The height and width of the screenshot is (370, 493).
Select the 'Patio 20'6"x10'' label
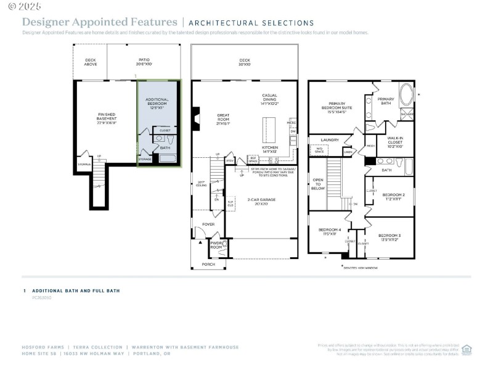tap(144, 62)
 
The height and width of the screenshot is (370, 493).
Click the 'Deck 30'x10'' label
tap(245, 62)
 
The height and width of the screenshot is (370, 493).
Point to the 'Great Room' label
tap(223, 118)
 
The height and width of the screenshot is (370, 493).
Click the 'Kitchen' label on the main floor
tap(270, 150)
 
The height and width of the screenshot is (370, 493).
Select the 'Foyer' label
tap(209, 224)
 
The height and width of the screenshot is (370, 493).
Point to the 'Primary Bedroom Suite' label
tap(336, 108)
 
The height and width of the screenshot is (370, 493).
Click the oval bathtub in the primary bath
tap(407, 96)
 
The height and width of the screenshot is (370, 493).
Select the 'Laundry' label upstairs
tap(330, 140)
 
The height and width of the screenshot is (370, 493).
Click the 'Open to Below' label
tap(318, 184)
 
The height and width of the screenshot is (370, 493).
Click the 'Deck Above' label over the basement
tap(90, 62)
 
